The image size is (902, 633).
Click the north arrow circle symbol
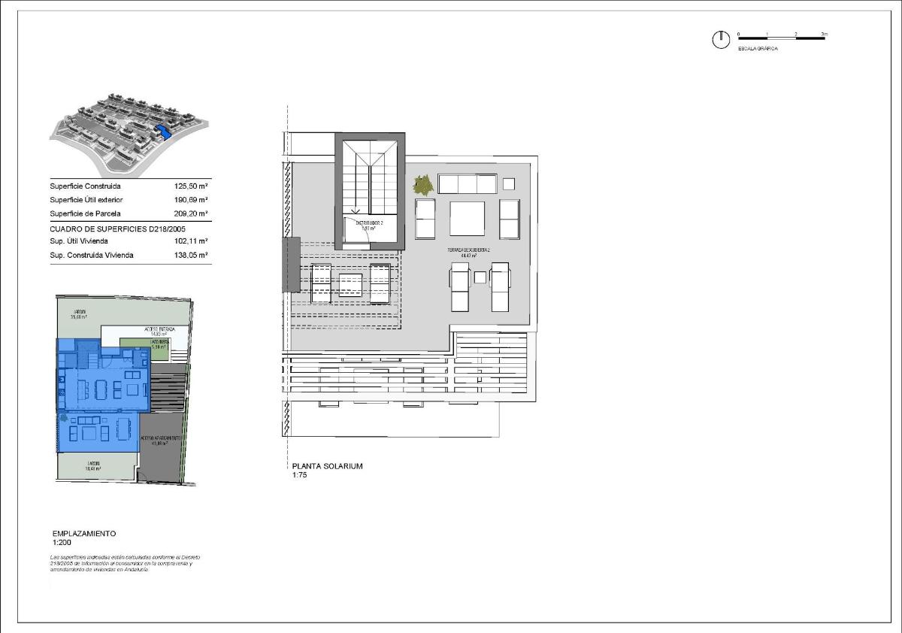click(x=720, y=40)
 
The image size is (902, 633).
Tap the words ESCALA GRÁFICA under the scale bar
click(x=758, y=49)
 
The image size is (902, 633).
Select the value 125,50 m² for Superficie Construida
click(x=191, y=186)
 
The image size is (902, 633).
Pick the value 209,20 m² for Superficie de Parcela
click(x=191, y=214)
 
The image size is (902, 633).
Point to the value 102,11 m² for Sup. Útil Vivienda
click(x=191, y=241)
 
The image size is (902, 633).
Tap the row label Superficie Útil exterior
click(x=86, y=200)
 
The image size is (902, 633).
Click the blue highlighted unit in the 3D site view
click(x=165, y=133)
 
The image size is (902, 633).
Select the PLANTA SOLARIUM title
click(x=327, y=466)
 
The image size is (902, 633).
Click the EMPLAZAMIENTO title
click(x=84, y=533)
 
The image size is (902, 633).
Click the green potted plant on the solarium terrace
click(x=423, y=183)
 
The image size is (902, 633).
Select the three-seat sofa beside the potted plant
click(x=467, y=184)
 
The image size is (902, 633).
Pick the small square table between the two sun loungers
click(x=480, y=277)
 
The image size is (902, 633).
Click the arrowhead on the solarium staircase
click(x=356, y=212)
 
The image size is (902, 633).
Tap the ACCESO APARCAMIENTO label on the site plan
click(x=159, y=440)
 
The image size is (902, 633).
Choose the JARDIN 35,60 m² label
click(x=78, y=314)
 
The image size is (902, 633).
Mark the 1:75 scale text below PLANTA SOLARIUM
click(x=300, y=475)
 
